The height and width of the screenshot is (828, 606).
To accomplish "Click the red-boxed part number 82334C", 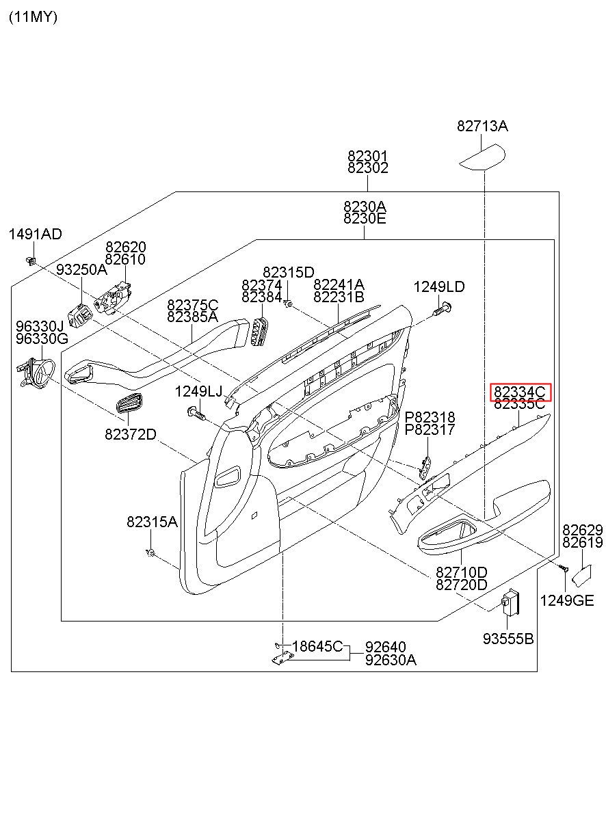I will pyautogui.click(x=521, y=392).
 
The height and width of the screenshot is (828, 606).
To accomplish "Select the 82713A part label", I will pyautogui.click(x=482, y=126).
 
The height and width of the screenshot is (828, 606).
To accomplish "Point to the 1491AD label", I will pyautogui.click(x=35, y=235).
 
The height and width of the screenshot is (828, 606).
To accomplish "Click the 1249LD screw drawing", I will pyautogui.click(x=442, y=309).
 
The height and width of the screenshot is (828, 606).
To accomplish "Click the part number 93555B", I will pyautogui.click(x=508, y=639).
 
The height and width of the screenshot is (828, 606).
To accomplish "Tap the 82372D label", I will pyautogui.click(x=131, y=434).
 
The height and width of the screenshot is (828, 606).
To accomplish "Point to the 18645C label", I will pyautogui.click(x=317, y=646).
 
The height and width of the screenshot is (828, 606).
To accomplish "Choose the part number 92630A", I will pyautogui.click(x=391, y=660).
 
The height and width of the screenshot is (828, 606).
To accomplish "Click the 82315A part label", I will pyautogui.click(x=152, y=522).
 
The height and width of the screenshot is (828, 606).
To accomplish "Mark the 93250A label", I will pyautogui.click(x=81, y=269).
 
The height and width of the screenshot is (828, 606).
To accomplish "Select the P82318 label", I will pyautogui.click(x=430, y=417).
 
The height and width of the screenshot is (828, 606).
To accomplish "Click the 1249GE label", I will pyautogui.click(x=567, y=600).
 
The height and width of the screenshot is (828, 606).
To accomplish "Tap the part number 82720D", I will pyautogui.click(x=462, y=585).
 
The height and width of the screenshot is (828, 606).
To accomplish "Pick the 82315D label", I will pyautogui.click(x=289, y=272).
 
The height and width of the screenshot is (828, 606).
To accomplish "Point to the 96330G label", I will pyautogui.click(x=42, y=338).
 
